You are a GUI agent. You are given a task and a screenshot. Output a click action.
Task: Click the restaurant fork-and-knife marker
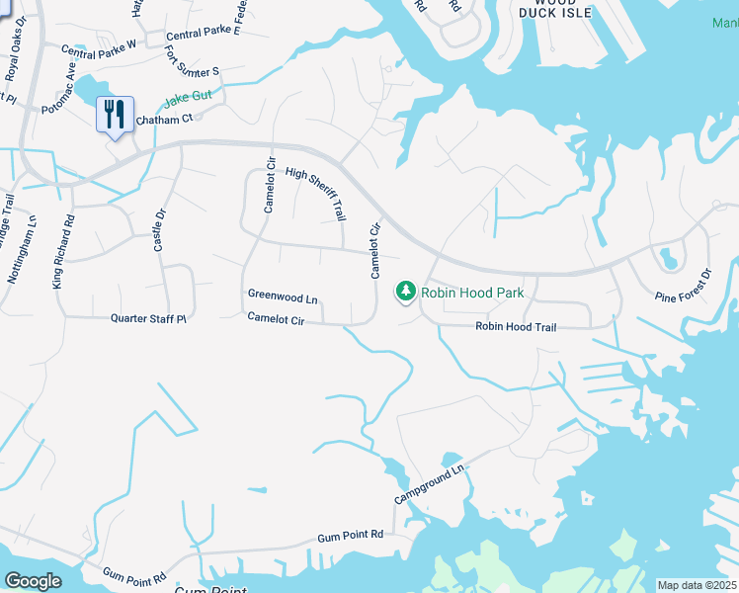[116, 115]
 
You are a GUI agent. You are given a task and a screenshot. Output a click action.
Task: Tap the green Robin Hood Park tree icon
[404, 292]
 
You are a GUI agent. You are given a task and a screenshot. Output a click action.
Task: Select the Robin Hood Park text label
[472, 293]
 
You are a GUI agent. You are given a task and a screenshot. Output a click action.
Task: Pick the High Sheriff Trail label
[315, 193]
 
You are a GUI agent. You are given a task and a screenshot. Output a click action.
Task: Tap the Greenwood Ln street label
[283, 296]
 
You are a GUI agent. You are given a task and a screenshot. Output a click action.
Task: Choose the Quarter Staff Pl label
[148, 318]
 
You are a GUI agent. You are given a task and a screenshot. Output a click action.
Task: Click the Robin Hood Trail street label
[517, 326]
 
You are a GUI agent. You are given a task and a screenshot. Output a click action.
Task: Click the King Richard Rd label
[63, 252]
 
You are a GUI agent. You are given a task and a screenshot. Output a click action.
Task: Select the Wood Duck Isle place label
[556, 8]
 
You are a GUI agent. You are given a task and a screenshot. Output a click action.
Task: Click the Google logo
[33, 581]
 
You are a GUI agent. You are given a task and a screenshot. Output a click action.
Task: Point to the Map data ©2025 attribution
[697, 585]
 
